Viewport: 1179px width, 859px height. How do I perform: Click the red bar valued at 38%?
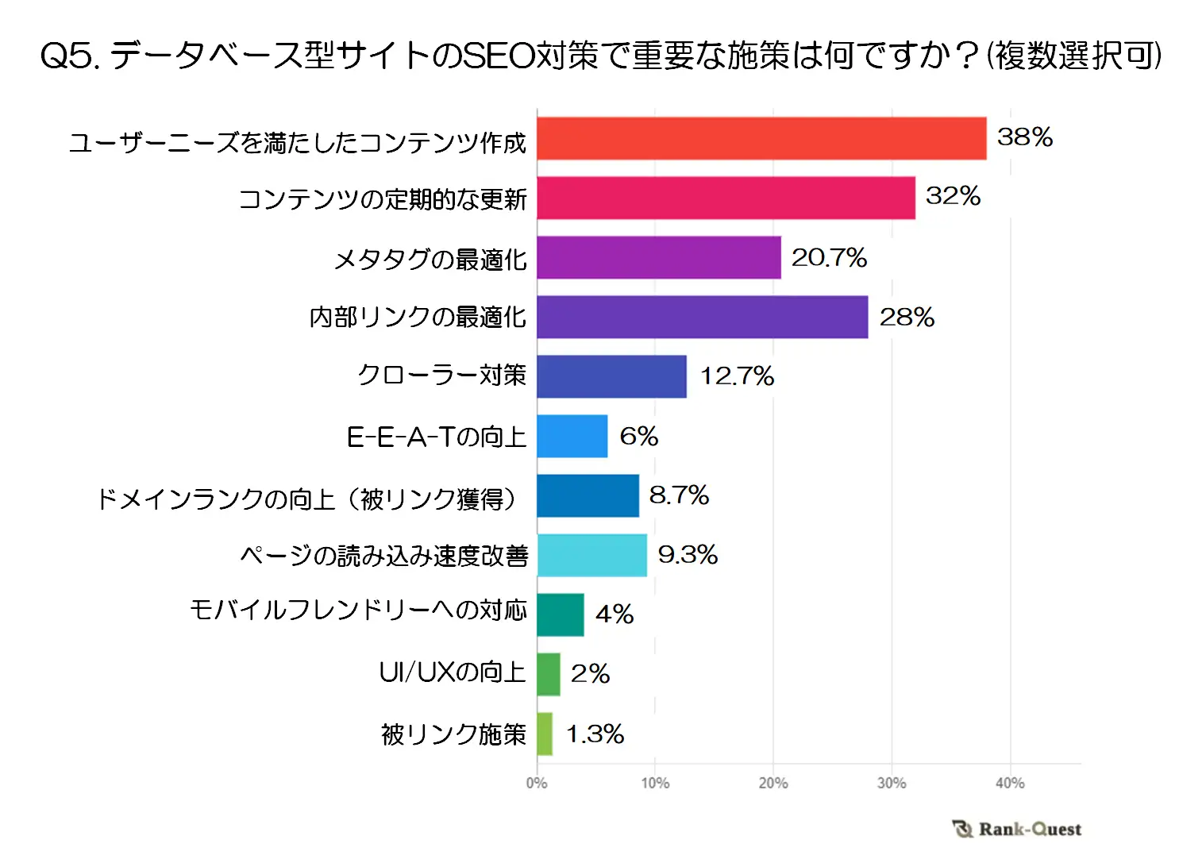[x=761, y=139]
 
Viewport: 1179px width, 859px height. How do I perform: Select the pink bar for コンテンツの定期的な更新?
[x=726, y=198]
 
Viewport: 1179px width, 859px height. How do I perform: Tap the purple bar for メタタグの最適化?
[x=658, y=258]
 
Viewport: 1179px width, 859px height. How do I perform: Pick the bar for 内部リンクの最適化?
[x=702, y=318]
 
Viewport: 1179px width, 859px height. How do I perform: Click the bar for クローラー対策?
[x=611, y=376]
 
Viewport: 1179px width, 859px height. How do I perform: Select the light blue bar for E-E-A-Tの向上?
[x=572, y=436]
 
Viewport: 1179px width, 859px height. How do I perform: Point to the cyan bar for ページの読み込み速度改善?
[x=591, y=555]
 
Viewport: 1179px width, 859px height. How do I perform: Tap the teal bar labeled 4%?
[x=560, y=614]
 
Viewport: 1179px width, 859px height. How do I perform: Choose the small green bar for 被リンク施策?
[x=544, y=734]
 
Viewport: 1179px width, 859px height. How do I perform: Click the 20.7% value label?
[x=829, y=258]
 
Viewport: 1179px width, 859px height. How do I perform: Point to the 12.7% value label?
[x=737, y=376]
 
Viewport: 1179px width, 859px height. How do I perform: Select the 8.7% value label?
[x=679, y=495]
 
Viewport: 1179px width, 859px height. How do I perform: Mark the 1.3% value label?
[x=595, y=734]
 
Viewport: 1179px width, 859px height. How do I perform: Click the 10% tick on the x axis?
[x=655, y=784]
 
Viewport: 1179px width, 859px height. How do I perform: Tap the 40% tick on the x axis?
[x=1010, y=784]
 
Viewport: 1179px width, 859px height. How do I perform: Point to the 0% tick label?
[x=537, y=784]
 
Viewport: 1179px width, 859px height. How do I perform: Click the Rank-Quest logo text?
[x=1029, y=830]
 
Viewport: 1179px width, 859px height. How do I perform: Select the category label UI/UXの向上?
[x=452, y=672]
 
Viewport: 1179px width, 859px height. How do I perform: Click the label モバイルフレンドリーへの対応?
[x=358, y=610]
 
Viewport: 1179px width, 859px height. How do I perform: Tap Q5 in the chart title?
[x=70, y=56]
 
